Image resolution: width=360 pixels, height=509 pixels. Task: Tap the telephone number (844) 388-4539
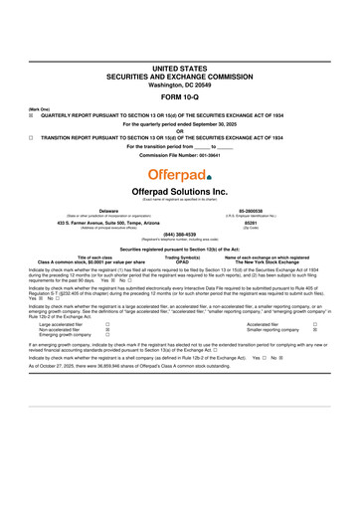(x=180, y=236)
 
